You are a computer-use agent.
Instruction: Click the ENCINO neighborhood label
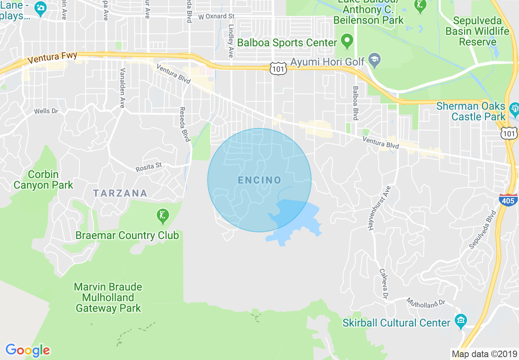[x=259, y=180]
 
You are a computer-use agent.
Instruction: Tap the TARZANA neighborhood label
[x=120, y=193]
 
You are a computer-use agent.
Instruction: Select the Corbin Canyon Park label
[x=43, y=180]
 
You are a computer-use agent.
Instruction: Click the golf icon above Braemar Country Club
[x=162, y=215]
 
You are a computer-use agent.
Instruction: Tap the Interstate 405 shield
[x=508, y=200]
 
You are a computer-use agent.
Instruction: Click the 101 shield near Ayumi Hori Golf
[x=278, y=69]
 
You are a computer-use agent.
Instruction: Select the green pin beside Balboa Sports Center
[x=347, y=41]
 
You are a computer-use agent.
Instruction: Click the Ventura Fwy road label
[x=52, y=58]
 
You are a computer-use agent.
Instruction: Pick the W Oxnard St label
[x=216, y=17]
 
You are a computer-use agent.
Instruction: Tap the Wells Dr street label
[x=46, y=111]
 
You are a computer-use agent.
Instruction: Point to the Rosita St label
[x=149, y=166]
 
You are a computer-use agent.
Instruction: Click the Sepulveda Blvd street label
[x=483, y=229]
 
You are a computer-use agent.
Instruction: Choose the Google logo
[x=27, y=350]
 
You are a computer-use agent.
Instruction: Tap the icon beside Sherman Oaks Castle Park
[x=514, y=109]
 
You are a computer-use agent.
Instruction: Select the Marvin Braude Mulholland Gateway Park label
[x=108, y=297]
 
